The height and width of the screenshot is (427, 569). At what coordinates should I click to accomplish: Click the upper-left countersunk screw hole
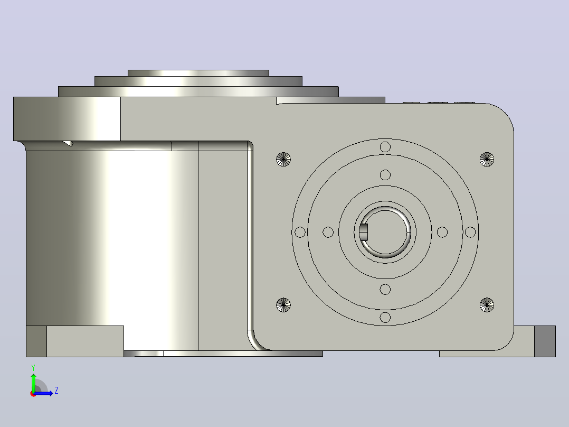[x=283, y=159]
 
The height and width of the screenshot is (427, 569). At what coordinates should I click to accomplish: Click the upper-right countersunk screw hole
[x=487, y=159]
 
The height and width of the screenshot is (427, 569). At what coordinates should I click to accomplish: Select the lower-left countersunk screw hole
[x=283, y=305]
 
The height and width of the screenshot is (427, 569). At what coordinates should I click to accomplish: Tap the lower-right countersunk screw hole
[x=487, y=305]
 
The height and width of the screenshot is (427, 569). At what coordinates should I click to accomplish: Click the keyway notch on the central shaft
[x=364, y=232]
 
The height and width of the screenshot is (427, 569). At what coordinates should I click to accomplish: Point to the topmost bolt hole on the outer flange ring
[x=385, y=147]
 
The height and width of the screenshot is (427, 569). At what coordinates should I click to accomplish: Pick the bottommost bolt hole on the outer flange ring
[x=385, y=317]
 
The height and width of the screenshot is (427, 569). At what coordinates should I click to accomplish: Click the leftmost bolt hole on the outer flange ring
[x=300, y=232]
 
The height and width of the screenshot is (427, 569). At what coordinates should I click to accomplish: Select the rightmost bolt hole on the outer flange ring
[x=470, y=232]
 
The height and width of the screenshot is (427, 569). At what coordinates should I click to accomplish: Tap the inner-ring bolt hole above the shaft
[x=385, y=175]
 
